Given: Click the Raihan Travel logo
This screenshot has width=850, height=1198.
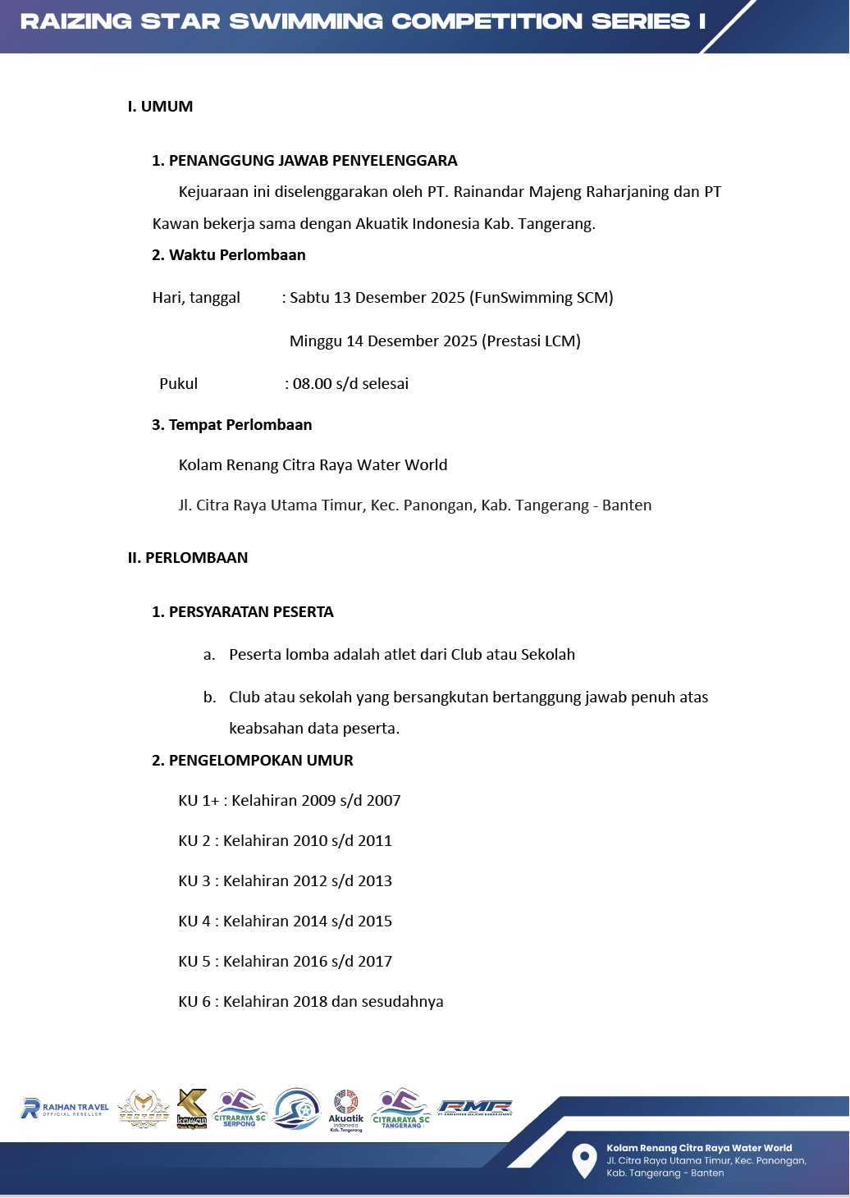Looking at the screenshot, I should coord(65,1109).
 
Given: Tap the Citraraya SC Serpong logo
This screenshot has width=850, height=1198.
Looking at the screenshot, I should coord(240,1108).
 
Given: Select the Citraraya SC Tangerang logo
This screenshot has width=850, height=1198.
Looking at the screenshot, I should coord(401,1109).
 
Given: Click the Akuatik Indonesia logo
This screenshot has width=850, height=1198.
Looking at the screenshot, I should coord(346,1110).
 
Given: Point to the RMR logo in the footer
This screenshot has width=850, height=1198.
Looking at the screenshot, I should coord(475,1108).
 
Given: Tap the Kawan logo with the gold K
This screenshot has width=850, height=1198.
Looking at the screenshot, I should coord(192,1109).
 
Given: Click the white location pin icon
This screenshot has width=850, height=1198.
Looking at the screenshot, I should coord(583,1160).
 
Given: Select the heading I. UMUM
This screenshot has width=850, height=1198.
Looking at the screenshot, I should coord(161,107).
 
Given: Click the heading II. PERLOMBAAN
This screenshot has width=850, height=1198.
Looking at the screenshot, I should coord(188,558).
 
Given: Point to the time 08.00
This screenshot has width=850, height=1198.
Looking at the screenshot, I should coord(313,384).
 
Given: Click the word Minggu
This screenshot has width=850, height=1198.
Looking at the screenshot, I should coord(316,341).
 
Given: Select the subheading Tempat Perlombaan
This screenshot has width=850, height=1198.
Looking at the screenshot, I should coord(240,425).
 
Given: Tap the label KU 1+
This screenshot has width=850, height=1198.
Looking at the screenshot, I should coord(199,801).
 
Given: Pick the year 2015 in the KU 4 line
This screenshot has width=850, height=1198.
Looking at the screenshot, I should coord(375,921).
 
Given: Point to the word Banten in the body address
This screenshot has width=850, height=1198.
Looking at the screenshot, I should coord(627,505).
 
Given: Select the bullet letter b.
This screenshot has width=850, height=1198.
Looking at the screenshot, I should coord(210,697).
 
